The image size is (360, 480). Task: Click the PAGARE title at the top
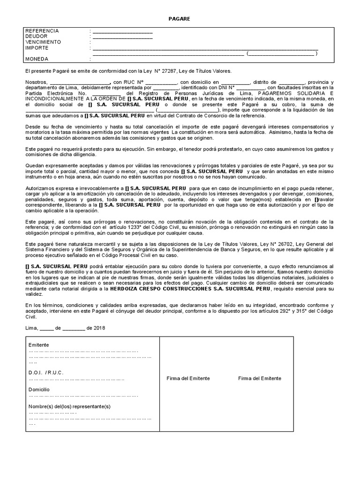pos(180,18)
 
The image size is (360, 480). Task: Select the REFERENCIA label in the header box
pos(42,30)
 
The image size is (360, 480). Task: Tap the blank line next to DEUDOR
pos(122,37)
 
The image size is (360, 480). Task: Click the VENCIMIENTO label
pos(43,42)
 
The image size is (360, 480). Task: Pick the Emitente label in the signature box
pos(38,345)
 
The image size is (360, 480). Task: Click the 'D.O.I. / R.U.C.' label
pos(46,372)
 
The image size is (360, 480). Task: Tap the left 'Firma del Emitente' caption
pos(188,378)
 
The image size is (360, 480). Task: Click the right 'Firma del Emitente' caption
pos(260,378)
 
